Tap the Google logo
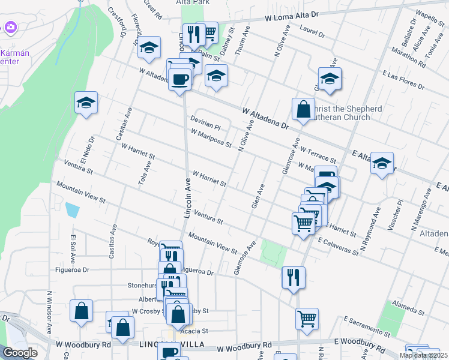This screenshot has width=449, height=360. coord(20,353)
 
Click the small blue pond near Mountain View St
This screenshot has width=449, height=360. coord(72,210)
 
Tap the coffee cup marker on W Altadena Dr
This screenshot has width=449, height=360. coord(180,79)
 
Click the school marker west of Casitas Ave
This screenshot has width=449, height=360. coord(86,103)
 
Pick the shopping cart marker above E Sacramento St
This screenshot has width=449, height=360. coord(307,319)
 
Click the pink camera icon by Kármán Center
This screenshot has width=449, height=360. coord(10,28)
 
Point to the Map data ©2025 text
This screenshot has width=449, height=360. coord(423,355)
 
